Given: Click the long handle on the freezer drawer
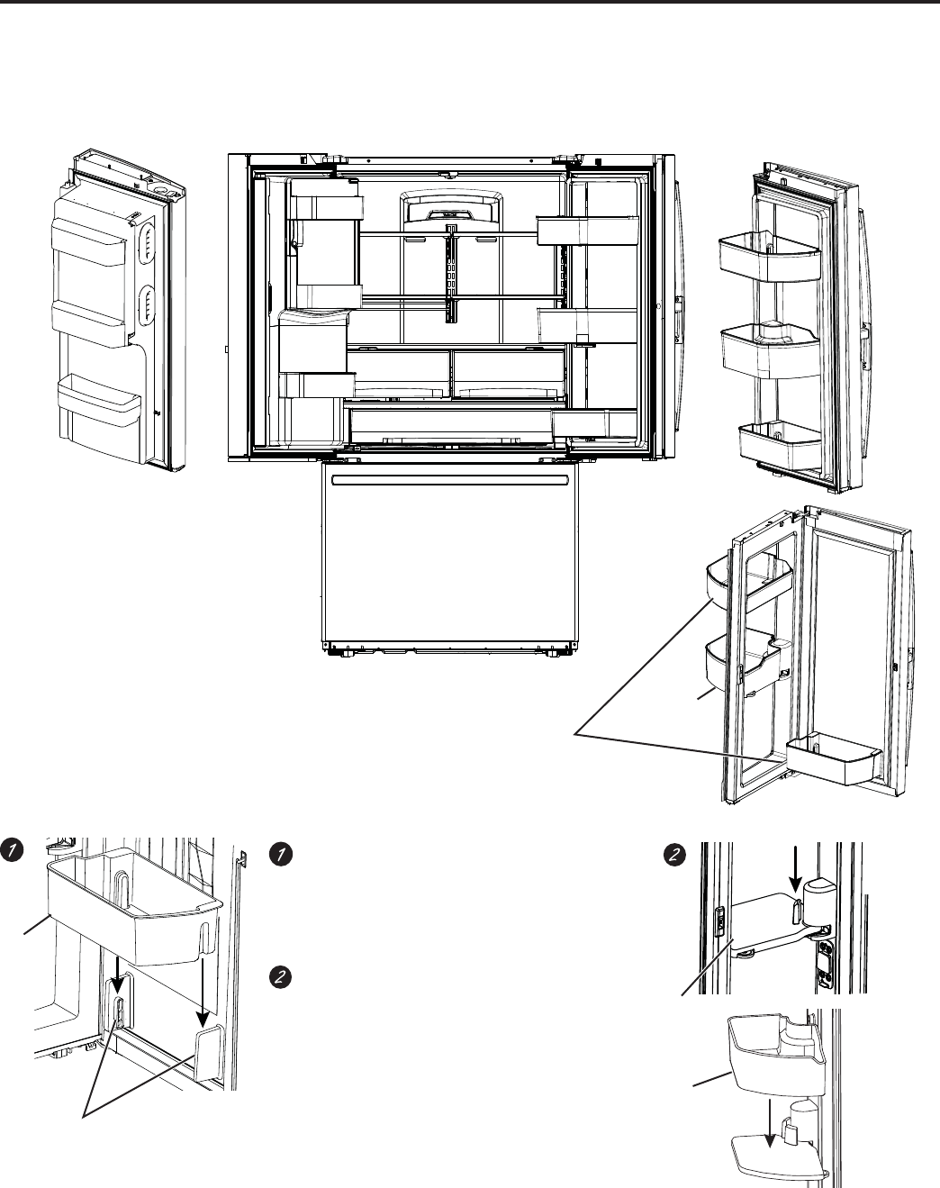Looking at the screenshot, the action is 450,479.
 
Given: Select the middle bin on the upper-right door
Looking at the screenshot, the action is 771,352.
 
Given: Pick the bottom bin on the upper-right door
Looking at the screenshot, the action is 780,444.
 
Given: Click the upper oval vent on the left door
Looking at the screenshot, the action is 148,241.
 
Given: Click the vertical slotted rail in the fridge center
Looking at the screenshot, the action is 451,273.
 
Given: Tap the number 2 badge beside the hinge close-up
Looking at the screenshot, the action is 674,855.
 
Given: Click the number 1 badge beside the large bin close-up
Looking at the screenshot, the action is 12,849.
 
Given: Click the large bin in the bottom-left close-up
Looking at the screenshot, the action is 135,910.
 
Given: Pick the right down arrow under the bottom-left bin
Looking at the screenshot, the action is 203,992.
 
